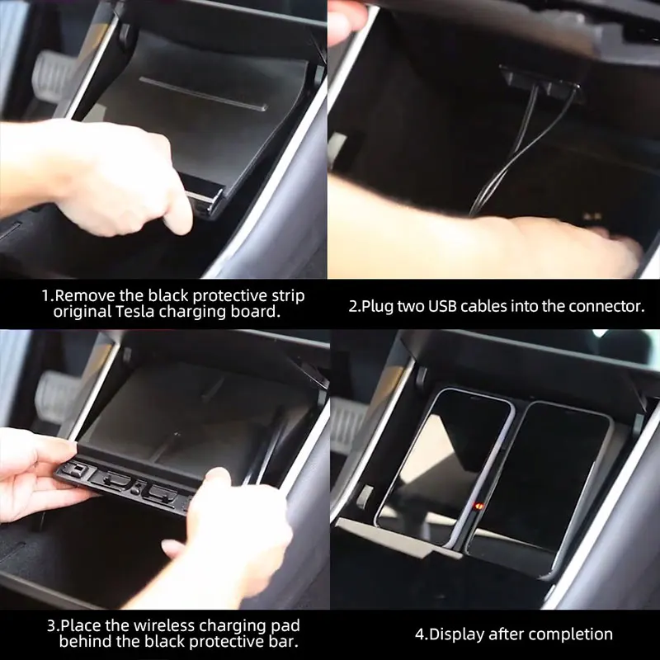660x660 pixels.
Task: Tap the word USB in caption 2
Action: (x=442, y=306)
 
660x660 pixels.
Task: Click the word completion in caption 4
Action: (x=575, y=634)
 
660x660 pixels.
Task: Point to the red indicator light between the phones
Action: (x=478, y=506)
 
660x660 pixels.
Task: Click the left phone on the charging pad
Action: (x=444, y=467)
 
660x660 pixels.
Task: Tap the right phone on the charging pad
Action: (x=540, y=488)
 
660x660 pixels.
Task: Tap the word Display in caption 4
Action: (x=456, y=634)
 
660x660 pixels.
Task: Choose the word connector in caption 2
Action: (x=606, y=306)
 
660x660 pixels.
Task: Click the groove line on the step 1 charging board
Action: (x=203, y=93)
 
